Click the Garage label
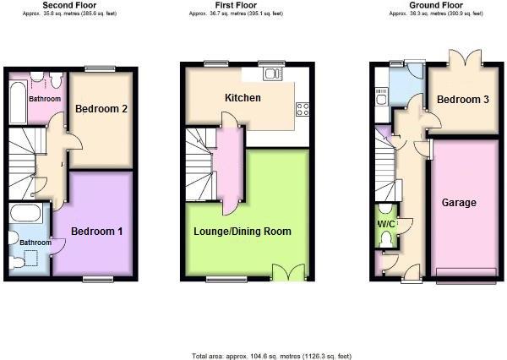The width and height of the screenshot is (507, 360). [x=459, y=203]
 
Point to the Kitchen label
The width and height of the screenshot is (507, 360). [x=242, y=98]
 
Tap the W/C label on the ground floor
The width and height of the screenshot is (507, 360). [x=384, y=224]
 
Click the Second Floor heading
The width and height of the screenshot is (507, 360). [x=69, y=6]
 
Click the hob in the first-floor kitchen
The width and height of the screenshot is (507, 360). [x=302, y=108]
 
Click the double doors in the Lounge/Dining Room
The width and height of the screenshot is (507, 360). [x=286, y=272]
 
